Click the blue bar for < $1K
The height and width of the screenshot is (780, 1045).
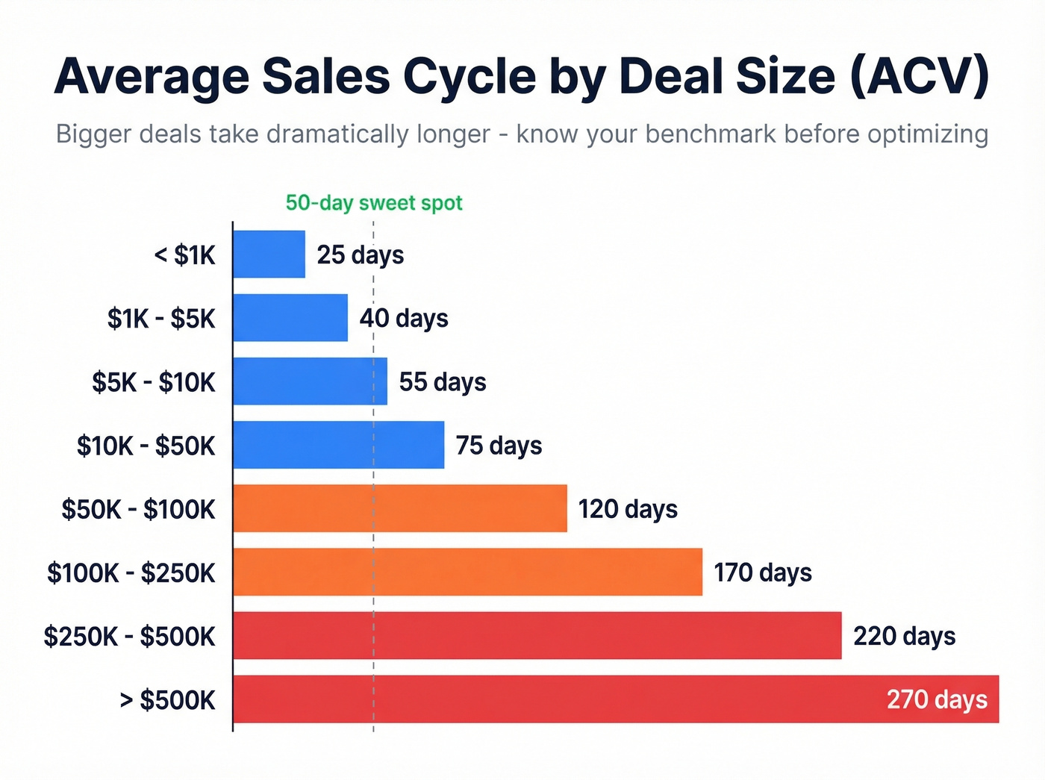[x=269, y=255]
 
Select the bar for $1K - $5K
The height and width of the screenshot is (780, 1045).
[x=290, y=318]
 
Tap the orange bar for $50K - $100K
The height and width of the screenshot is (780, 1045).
[x=400, y=508]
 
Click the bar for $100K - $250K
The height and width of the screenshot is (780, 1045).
[x=467, y=572]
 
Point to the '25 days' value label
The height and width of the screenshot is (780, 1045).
[x=361, y=255]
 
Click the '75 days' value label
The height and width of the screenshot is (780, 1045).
[x=499, y=446]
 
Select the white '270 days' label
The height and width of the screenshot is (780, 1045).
[x=937, y=700]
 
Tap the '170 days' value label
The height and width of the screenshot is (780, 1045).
[x=762, y=572]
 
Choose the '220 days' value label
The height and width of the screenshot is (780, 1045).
[x=904, y=636]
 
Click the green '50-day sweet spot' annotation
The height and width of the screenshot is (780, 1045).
[x=374, y=203]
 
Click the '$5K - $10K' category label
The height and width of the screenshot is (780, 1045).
[x=154, y=382]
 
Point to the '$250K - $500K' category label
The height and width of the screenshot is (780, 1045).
[x=129, y=637]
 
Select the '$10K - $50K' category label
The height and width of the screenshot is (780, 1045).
[x=146, y=446]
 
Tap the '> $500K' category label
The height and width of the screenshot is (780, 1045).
[x=168, y=700]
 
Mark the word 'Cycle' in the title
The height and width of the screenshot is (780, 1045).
[x=470, y=78]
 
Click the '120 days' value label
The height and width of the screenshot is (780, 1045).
[x=628, y=509]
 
